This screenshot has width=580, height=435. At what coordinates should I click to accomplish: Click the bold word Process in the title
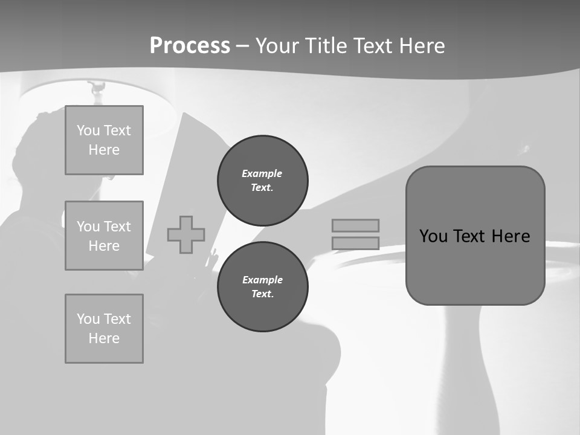[x=190, y=46]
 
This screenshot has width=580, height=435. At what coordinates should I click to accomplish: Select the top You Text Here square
[x=104, y=140]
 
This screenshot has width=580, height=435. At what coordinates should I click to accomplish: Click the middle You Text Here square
[x=104, y=236]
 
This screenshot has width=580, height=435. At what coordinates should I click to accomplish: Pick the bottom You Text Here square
[x=104, y=329]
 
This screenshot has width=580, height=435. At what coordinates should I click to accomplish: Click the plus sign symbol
[x=186, y=234]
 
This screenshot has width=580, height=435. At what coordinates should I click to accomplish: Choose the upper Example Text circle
[x=263, y=181]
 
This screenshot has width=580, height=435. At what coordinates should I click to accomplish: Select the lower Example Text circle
[x=263, y=287]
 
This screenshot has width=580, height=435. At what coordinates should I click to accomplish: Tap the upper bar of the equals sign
[x=355, y=225]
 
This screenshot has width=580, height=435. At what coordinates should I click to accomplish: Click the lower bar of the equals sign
[x=355, y=243]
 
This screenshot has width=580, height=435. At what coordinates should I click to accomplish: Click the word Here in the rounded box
[x=511, y=236]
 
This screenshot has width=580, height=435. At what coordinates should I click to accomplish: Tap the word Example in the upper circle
[x=262, y=173]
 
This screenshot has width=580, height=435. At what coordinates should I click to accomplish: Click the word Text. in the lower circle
[x=262, y=294]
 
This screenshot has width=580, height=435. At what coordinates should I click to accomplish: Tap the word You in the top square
[x=88, y=130]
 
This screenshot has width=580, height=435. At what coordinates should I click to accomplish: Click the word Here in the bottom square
[x=104, y=338]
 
